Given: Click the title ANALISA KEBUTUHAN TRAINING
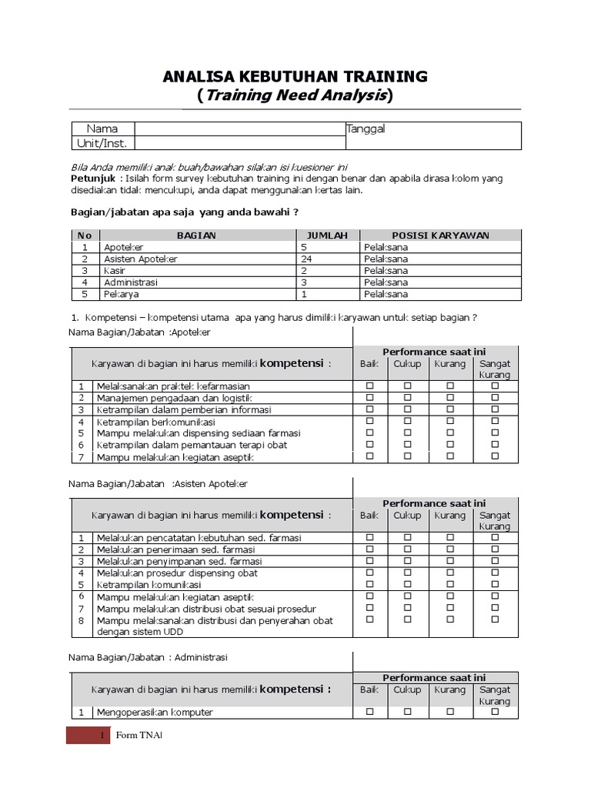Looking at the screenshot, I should click(295, 76).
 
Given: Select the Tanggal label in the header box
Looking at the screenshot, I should click(366, 129).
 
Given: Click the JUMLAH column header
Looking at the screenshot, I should click(327, 235).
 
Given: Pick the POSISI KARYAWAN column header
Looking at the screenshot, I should click(440, 235).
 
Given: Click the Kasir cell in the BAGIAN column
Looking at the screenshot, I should click(110, 271).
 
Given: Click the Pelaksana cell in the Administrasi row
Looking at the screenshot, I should click(386, 282).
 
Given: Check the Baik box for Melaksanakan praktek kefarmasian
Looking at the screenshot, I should click(369, 386).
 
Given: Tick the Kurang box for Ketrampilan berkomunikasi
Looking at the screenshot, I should click(450, 422).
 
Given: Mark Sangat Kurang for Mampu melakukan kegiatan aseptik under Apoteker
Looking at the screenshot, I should click(495, 456).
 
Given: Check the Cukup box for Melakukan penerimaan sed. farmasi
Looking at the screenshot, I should click(408, 549).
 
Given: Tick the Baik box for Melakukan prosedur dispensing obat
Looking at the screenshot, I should click(369, 573).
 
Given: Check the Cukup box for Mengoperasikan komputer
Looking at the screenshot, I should click(408, 712).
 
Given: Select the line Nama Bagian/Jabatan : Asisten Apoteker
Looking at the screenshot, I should click(159, 483).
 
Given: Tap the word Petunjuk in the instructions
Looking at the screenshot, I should click(90, 179).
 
